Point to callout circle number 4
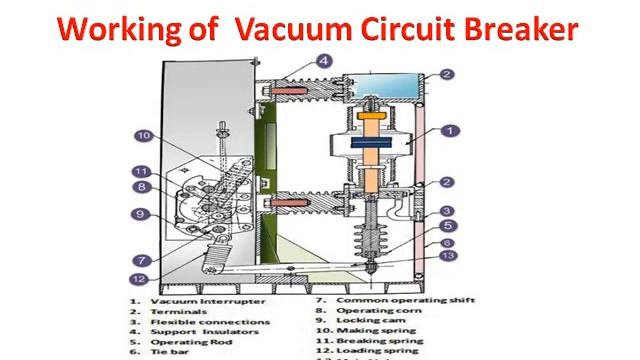point(323,59)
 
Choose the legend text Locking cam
point(373,322)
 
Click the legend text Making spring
point(379,333)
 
